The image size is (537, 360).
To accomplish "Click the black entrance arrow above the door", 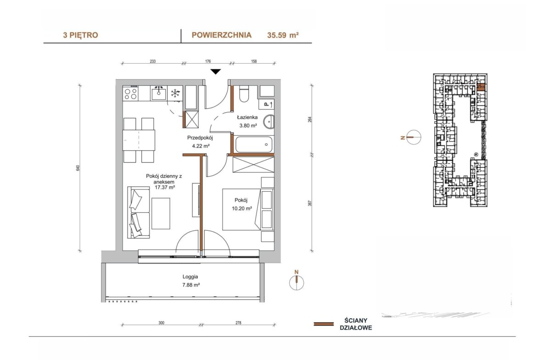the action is (215, 72).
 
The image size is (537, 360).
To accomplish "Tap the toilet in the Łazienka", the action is (244, 94).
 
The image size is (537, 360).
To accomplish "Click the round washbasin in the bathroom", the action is (269, 122).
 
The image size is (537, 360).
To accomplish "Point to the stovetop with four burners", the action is (130, 94).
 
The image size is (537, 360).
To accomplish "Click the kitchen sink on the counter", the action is (158, 93).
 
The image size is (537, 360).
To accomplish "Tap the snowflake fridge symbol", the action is (175, 93).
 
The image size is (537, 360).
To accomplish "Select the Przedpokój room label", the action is (200, 138).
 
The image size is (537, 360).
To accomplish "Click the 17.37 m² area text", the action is (165, 188).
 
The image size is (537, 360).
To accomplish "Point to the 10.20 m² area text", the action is (242, 208).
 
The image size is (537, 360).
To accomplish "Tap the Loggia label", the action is (190, 277).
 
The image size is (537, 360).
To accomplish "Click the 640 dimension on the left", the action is (78, 168).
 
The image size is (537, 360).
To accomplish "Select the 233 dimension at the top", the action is (153, 61).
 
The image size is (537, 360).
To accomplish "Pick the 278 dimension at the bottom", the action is (238, 323).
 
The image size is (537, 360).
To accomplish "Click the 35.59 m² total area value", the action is (283, 35).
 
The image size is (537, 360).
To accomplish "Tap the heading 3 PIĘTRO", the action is (80, 35).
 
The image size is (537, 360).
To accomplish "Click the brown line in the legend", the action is (324, 324).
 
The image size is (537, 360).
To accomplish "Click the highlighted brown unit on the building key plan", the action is (481, 87).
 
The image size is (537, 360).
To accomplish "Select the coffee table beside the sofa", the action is (161, 214).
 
